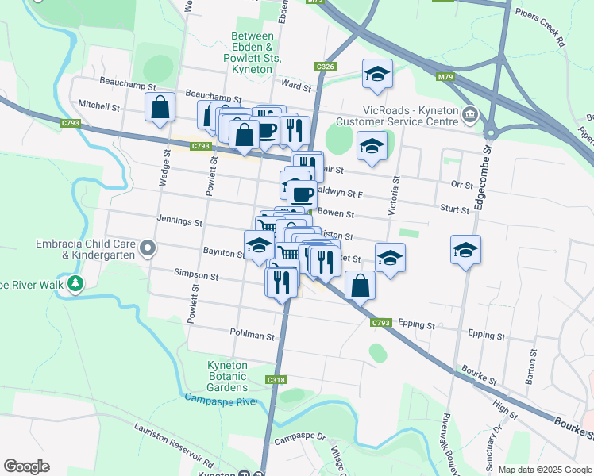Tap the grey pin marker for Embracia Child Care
[x=147, y=250]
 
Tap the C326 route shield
[x=324, y=67]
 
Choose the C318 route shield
[x=276, y=380]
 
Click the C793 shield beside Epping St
[x=381, y=322]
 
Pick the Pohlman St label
[x=252, y=336]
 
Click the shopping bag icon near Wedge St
[x=160, y=107]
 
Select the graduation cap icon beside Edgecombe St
[x=465, y=250]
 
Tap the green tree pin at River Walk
[x=75, y=283]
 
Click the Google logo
[x=27, y=466]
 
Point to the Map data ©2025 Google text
[x=544, y=470]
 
